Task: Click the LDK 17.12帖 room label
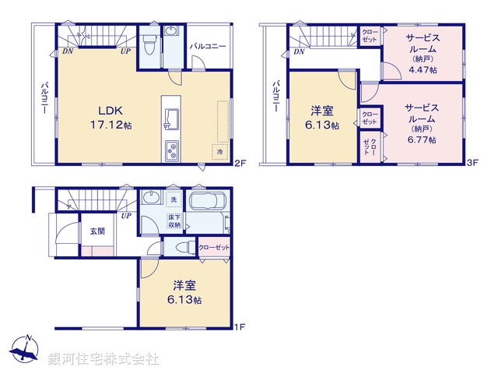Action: coord(108,117)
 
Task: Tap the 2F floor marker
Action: coord(241,164)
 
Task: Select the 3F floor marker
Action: coord(472,164)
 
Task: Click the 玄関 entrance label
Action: coord(96,231)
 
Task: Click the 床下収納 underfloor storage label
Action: coord(175,220)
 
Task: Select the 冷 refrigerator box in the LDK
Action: coord(220,151)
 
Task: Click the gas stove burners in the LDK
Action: coord(171,150)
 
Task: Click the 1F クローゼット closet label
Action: coord(215,247)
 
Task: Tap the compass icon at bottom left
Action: coord(27,351)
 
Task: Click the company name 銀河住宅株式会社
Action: coord(103,358)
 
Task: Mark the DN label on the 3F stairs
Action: coord(299,52)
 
